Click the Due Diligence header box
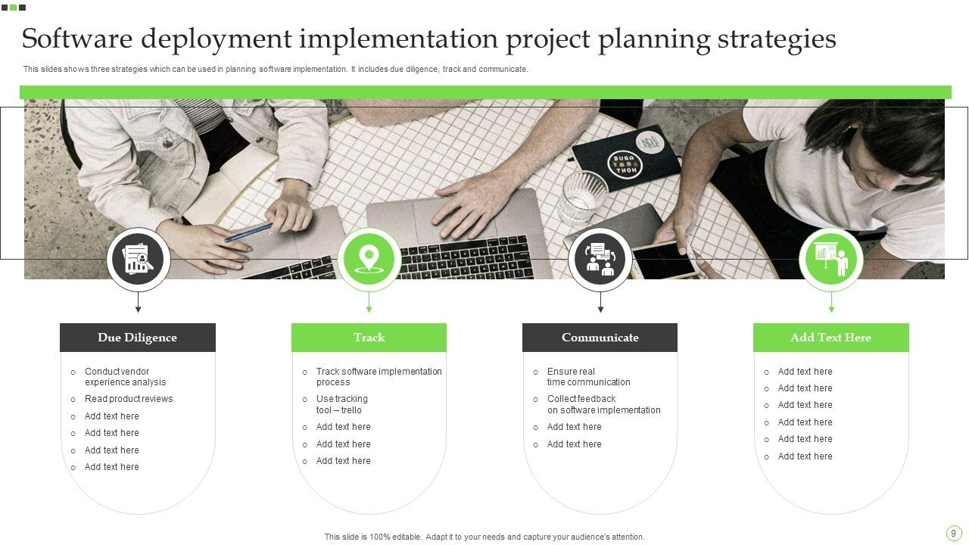[x=137, y=338]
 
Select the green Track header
[x=369, y=338]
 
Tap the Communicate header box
[x=600, y=338]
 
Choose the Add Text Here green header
[x=830, y=338]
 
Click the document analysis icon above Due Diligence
[x=138, y=260]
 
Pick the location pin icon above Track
[x=369, y=260]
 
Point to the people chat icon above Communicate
[x=600, y=260]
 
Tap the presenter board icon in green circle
[x=830, y=260]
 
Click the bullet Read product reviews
[x=129, y=399]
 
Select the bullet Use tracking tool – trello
[x=341, y=404]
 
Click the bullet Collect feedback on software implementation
[x=603, y=404]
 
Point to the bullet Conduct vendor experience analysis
[x=125, y=377]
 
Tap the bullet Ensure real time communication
[x=588, y=377]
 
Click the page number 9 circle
[x=953, y=533]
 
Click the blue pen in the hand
[x=249, y=232]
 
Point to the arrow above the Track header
[x=369, y=304]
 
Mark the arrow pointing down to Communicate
[x=600, y=304]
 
